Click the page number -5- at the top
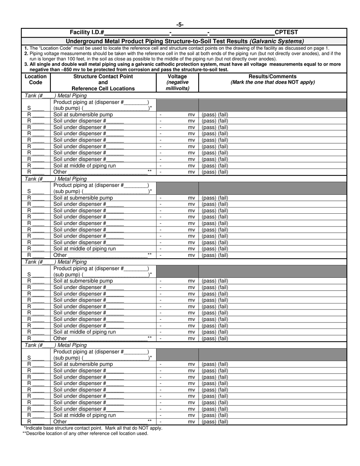pos(180,25)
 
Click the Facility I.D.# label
pos(87,32)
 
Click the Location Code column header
pos(36,79)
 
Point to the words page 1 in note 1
pos(321,48)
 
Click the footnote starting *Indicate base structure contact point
pos(93,428)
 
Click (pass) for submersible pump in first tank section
pos(208,115)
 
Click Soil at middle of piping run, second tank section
pos(85,249)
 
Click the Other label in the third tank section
pos(60,338)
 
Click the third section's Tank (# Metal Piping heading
pos(56,262)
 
